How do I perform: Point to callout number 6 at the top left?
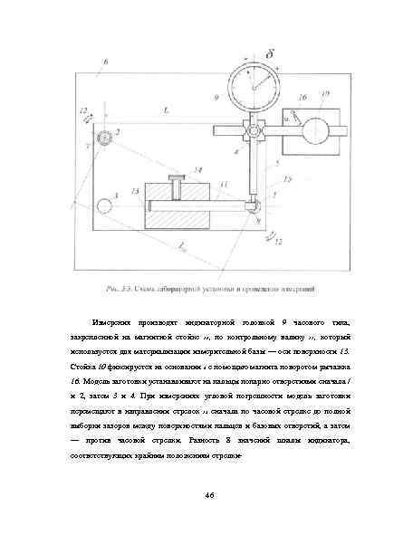(105, 60)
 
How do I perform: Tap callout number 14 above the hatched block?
(198, 168)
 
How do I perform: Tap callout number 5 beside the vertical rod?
(277, 164)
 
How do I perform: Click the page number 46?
(207, 494)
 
